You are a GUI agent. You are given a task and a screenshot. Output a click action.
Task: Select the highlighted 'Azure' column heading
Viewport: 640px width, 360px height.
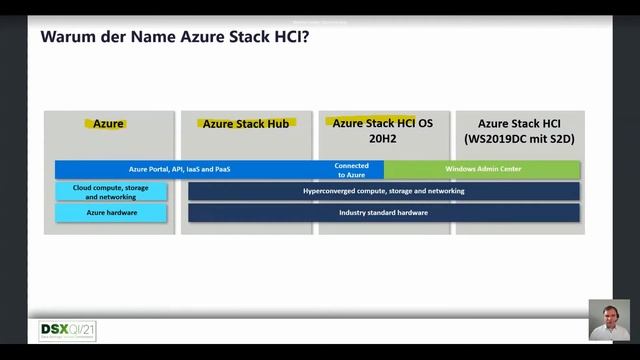[109, 124]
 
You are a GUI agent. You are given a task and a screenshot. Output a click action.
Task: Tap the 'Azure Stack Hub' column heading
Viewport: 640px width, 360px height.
[246, 124]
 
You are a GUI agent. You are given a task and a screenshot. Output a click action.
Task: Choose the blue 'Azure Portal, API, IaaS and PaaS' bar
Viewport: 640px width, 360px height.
[180, 169]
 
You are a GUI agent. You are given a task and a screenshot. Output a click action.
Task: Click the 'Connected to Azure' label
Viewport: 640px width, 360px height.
[352, 169]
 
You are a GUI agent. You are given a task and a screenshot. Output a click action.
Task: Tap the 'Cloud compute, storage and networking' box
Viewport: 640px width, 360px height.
[111, 191]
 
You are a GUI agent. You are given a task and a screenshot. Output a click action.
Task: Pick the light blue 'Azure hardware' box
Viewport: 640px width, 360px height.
[111, 213]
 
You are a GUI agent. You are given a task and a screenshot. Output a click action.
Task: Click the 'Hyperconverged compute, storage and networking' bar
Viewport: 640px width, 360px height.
[383, 190]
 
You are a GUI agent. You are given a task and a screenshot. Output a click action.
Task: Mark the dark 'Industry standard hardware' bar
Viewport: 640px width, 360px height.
[383, 213]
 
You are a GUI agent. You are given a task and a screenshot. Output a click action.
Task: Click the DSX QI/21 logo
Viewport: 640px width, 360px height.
[68, 331]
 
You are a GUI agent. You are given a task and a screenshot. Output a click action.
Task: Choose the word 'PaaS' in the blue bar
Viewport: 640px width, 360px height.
[222, 169]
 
